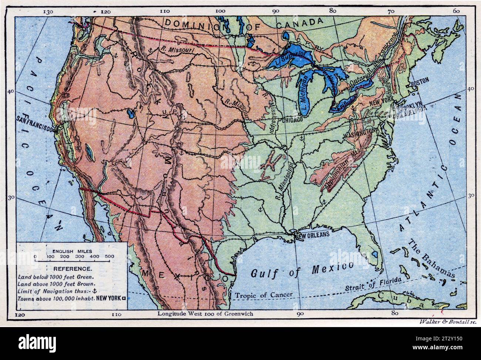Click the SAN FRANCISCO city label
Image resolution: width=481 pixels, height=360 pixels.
(36, 119)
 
